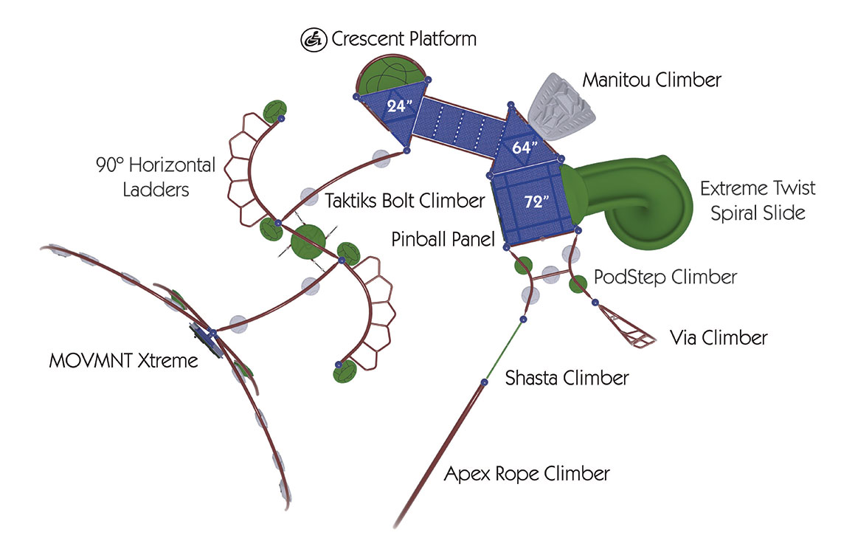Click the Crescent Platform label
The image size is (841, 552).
coord(404,39)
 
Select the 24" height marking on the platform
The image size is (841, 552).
coord(397,106)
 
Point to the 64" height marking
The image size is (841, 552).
coord(522,147)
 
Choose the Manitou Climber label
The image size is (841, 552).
coord(651,80)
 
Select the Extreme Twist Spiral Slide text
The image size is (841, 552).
coord(758,200)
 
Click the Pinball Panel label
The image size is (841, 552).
coord(442,240)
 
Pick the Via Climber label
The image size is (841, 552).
coord(719,338)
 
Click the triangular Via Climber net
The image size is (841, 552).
coord(629,326)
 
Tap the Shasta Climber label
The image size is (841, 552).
coord(567,379)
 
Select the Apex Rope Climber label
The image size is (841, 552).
coord(527,473)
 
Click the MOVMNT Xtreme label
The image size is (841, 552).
coord(123,361)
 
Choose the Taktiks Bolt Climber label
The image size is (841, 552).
coord(404,200)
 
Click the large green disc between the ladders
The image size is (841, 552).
coord(308,242)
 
